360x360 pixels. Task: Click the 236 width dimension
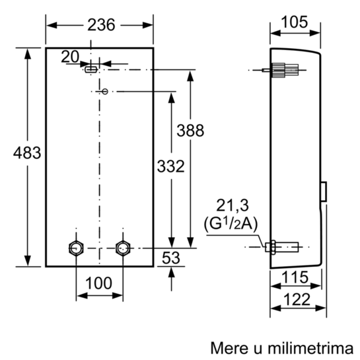point(101,25)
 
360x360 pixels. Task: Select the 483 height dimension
point(27,153)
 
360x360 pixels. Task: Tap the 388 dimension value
point(190,130)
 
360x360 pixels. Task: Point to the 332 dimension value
point(171,166)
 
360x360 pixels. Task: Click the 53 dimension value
point(171,258)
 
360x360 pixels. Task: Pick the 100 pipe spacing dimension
point(98,283)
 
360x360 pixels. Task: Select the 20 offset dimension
point(70,57)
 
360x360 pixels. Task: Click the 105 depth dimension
point(295,22)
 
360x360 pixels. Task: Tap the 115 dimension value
point(295,277)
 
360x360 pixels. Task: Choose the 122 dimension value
point(297,299)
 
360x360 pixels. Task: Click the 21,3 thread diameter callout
point(233,205)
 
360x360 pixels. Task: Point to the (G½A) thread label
point(231,224)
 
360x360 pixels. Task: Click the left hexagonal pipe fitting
point(76,248)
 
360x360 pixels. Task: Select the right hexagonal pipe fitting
point(123,248)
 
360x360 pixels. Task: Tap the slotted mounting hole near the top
point(91,69)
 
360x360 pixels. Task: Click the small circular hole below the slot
point(105,92)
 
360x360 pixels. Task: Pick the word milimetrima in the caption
point(310,348)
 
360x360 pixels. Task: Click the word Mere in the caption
point(230,348)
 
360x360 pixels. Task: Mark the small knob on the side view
point(324,192)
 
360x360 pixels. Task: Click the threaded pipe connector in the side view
point(282,247)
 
